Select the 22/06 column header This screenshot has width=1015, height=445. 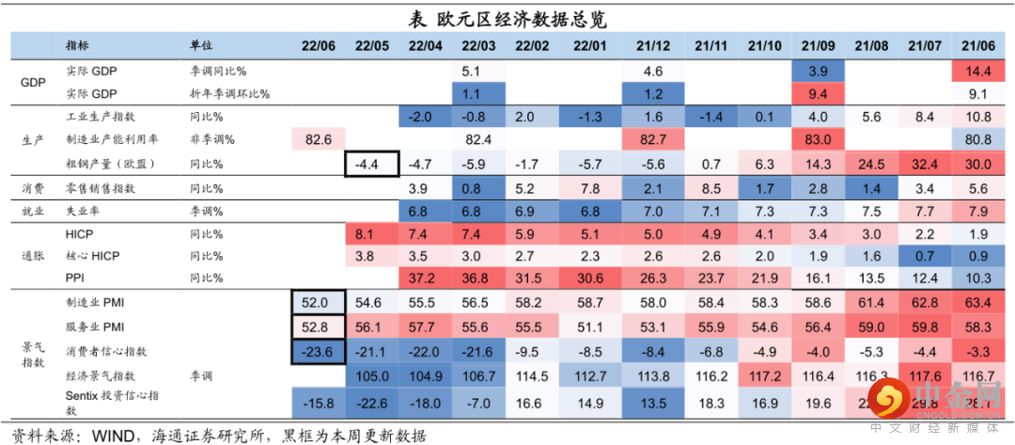(x=319, y=45)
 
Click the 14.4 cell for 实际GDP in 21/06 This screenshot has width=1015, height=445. (x=978, y=71)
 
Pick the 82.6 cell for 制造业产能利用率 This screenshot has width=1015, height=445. (x=319, y=139)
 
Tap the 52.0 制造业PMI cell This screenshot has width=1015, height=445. (x=319, y=303)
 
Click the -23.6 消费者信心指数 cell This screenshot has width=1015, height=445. (x=319, y=351)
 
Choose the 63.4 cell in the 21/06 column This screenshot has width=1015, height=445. (x=978, y=303)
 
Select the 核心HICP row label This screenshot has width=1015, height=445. (x=93, y=255)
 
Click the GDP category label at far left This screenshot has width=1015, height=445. (x=33, y=82)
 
